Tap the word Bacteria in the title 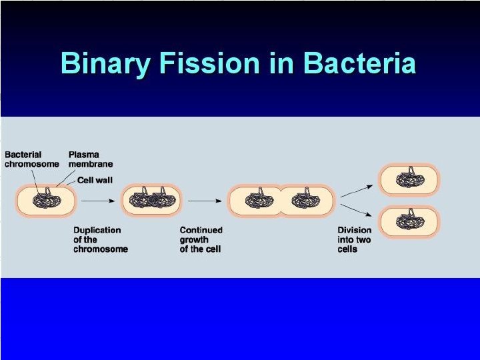click(x=359, y=64)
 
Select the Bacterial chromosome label click(x=31, y=159)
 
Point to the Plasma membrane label click(x=91, y=159)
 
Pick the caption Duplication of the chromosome click(x=100, y=239)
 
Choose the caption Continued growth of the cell click(x=202, y=239)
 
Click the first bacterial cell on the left click(x=45, y=201)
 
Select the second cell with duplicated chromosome click(x=151, y=201)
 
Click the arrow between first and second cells click(x=97, y=199)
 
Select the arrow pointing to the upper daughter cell click(x=356, y=191)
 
